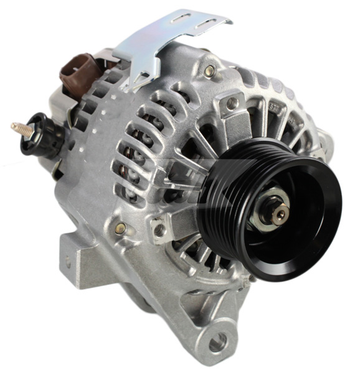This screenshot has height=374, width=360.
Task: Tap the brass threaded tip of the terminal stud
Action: pos(16,128)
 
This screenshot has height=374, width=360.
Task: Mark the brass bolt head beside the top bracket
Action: pos(209,71)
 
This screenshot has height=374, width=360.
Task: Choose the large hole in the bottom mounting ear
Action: pos(217,342)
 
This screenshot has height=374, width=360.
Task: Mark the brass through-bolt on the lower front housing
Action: pos(121,228)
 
